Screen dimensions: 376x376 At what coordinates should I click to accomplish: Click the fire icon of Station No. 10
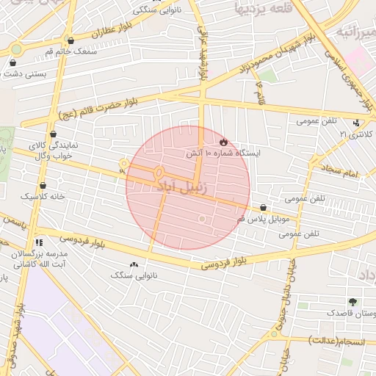tap(223, 140)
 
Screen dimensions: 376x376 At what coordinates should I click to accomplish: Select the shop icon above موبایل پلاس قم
tap(263, 208)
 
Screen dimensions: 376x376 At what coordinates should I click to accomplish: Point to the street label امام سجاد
tap(339, 172)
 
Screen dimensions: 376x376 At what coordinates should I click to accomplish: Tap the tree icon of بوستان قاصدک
tap(353, 302)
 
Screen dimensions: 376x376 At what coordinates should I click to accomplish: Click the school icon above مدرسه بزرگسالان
tap(38, 241)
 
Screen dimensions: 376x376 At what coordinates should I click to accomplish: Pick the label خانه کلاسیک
tap(43, 197)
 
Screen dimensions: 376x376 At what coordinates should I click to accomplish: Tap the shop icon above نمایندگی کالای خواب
tap(54, 134)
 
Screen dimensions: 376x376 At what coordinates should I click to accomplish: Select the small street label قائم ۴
tap(258, 94)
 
